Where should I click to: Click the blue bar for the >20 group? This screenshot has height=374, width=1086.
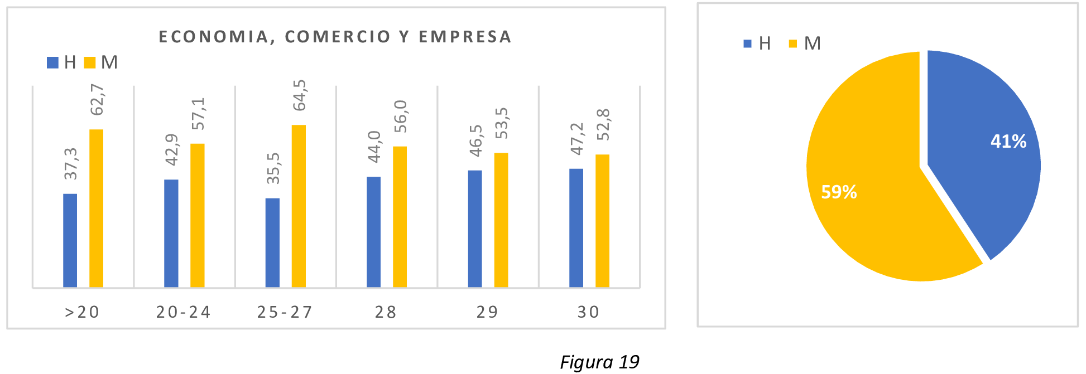[x=70, y=240]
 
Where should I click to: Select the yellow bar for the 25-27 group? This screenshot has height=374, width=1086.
[x=299, y=206]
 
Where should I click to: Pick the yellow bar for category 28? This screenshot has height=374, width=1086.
[x=400, y=217]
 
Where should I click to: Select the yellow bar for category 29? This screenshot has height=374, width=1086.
[x=501, y=220]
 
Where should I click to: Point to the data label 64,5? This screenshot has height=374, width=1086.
[x=300, y=95]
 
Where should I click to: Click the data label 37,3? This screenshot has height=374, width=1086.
[x=71, y=164]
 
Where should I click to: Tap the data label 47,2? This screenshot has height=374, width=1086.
[x=576, y=139]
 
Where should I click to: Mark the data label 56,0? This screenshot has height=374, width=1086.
[x=401, y=116]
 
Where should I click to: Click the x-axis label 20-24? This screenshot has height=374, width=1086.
[x=184, y=312]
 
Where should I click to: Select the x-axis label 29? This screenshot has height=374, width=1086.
[x=487, y=312]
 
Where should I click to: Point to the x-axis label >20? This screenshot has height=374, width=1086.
[x=82, y=312]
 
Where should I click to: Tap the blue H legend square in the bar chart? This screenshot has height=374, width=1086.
[x=52, y=62]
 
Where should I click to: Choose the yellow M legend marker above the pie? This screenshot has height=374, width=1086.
[x=793, y=43]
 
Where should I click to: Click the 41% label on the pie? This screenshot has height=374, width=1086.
[x=1008, y=142]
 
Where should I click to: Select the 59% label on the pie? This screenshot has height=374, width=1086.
[x=839, y=192]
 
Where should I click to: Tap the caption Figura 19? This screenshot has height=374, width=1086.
[x=599, y=362]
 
